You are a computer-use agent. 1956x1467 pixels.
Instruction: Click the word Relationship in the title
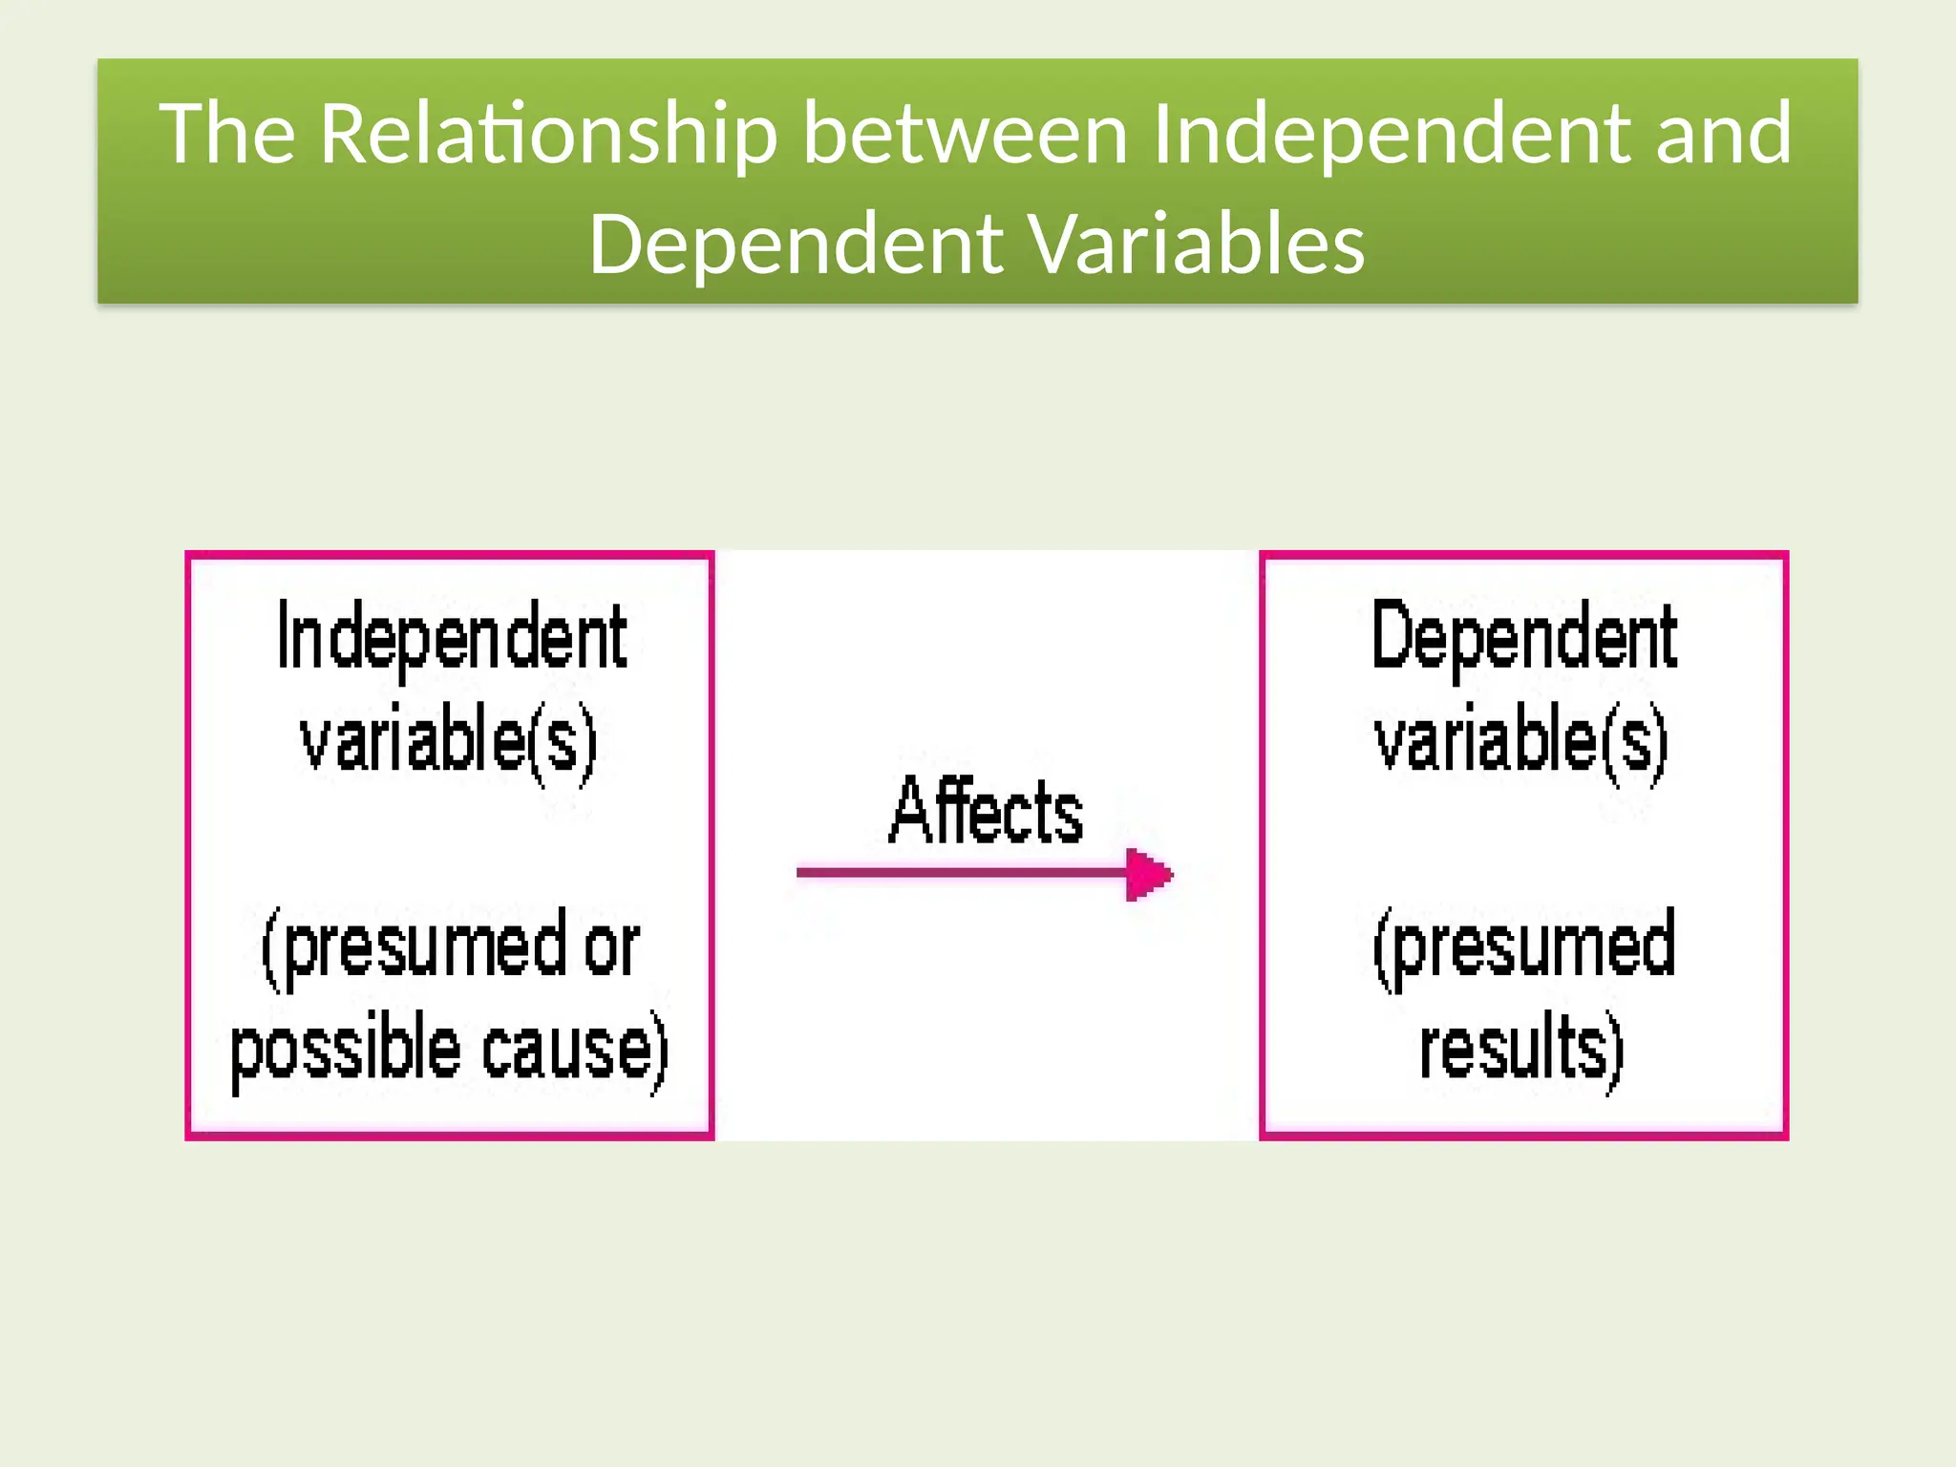[548, 135]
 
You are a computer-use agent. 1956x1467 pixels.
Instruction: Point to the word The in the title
[226, 135]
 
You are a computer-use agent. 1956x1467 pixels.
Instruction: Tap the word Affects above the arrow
[986, 811]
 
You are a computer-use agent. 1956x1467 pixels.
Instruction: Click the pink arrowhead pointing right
[1148, 874]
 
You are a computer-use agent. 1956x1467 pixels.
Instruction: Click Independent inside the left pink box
[451, 638]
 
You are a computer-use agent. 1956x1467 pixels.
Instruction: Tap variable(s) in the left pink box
[449, 741]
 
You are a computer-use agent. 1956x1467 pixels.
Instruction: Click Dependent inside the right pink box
[1523, 637]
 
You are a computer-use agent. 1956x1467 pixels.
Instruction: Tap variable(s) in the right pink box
[1521, 741]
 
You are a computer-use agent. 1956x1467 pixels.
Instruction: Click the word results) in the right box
[1521, 1049]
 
